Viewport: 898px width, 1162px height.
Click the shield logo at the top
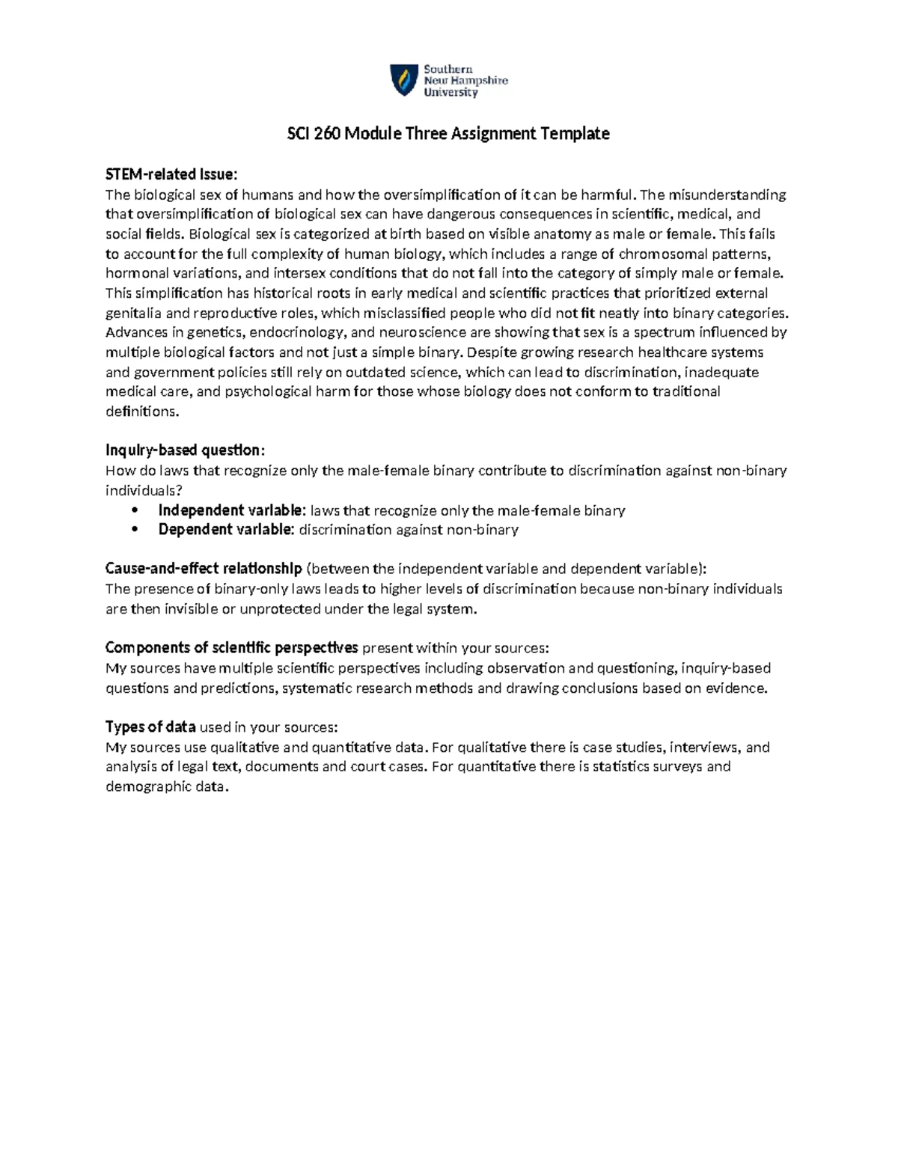[x=404, y=79]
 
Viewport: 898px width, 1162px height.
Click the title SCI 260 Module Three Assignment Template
[x=449, y=134]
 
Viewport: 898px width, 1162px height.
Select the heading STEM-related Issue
[x=171, y=175]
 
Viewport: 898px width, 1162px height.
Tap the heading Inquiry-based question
[x=184, y=450]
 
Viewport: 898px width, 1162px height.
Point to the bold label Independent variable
[x=231, y=510]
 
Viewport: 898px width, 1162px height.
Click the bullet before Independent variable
[x=135, y=511]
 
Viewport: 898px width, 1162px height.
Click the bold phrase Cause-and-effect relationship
[x=204, y=568]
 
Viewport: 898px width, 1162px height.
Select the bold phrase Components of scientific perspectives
[x=232, y=647]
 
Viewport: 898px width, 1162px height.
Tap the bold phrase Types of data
[x=150, y=727]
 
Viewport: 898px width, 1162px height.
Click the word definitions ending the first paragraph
[x=142, y=412]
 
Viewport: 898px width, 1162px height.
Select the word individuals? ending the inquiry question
[x=144, y=491]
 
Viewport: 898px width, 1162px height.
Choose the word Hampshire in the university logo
[x=477, y=81]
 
